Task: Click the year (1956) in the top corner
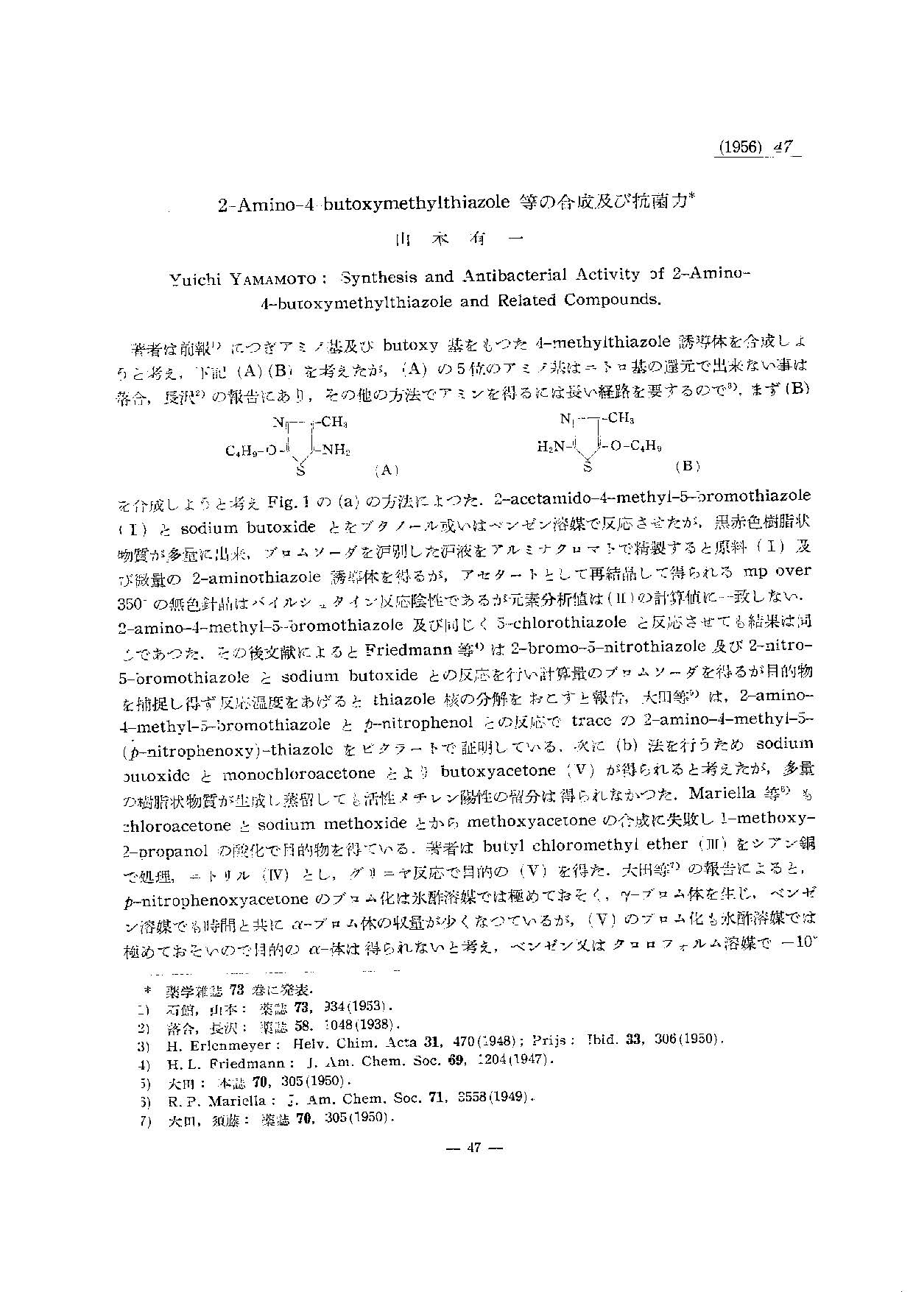(x=738, y=147)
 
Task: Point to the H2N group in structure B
(x=551, y=445)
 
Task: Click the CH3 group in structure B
(x=621, y=418)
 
